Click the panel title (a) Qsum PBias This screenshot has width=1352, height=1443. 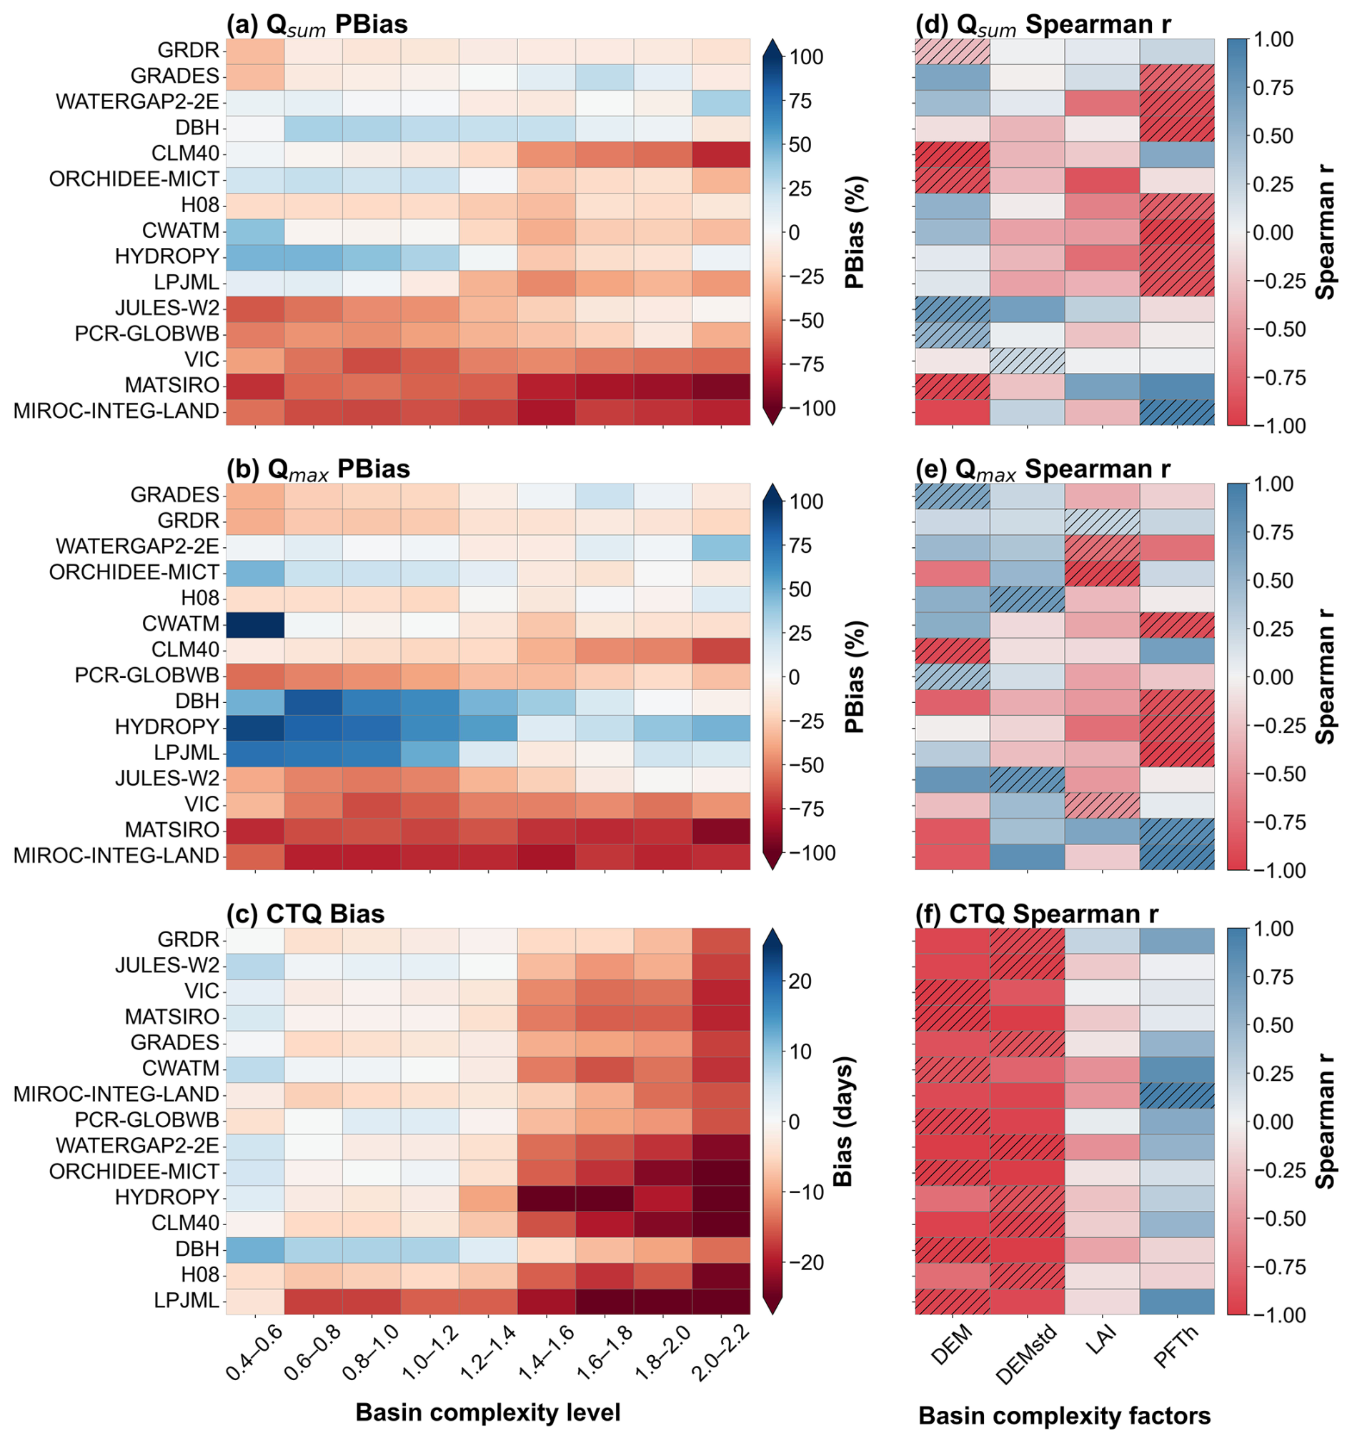[317, 25]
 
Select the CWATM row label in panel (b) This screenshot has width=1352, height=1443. [181, 624]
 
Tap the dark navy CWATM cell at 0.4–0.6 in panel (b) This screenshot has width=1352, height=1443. [255, 624]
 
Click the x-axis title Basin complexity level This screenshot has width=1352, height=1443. [488, 1412]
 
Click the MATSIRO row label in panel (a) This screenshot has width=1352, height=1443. [172, 385]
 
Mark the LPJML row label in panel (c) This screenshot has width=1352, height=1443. [187, 1300]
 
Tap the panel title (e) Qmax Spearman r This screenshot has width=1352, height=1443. [1043, 469]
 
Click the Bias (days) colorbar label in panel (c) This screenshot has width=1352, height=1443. [842, 1121]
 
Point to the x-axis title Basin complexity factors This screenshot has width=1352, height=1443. [1065, 1415]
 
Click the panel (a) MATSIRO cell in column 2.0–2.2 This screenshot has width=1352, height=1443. [721, 385]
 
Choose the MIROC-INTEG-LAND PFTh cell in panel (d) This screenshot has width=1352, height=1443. [1177, 411]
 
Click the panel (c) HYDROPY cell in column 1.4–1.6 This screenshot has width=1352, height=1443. [546, 1197]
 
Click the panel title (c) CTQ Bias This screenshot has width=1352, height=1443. [305, 913]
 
